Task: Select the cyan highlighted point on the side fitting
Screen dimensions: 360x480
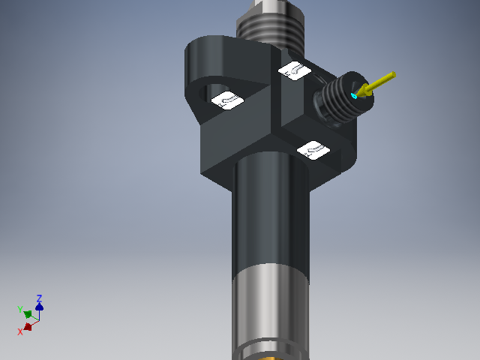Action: (x=355, y=97)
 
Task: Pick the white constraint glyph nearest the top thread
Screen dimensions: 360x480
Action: (x=293, y=70)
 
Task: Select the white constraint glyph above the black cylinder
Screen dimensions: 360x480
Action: (x=314, y=150)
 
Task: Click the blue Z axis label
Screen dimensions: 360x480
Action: (x=39, y=298)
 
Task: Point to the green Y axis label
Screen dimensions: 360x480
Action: (x=19, y=308)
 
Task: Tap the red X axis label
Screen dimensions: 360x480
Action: (x=20, y=331)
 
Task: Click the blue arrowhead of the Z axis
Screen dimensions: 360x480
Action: (x=39, y=306)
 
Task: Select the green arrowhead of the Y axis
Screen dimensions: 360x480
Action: (x=28, y=314)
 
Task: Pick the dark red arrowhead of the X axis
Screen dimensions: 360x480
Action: (x=28, y=326)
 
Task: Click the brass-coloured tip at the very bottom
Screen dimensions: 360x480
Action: (x=270, y=358)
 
